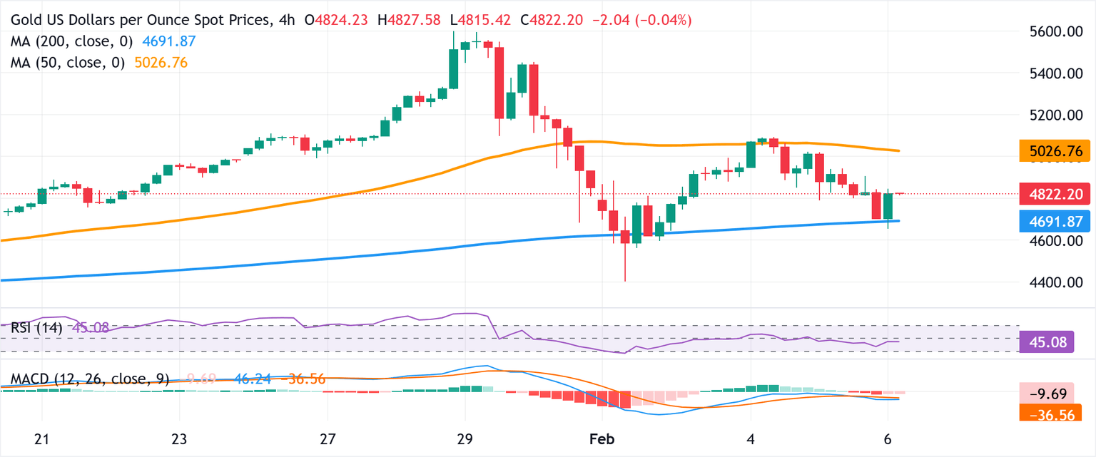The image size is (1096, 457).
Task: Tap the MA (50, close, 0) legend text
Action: coord(67,63)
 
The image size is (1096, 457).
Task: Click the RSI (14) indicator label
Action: coord(36,328)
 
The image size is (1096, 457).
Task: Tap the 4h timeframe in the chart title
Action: coord(288,21)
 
